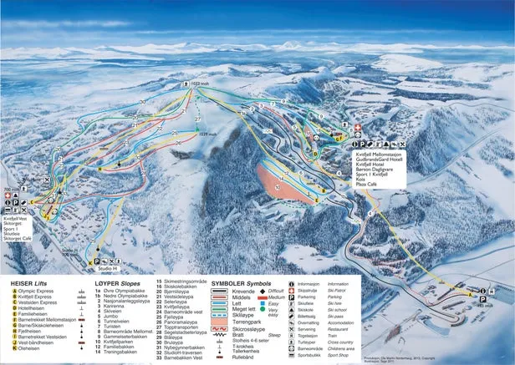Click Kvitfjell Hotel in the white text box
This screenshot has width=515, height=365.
374,165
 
